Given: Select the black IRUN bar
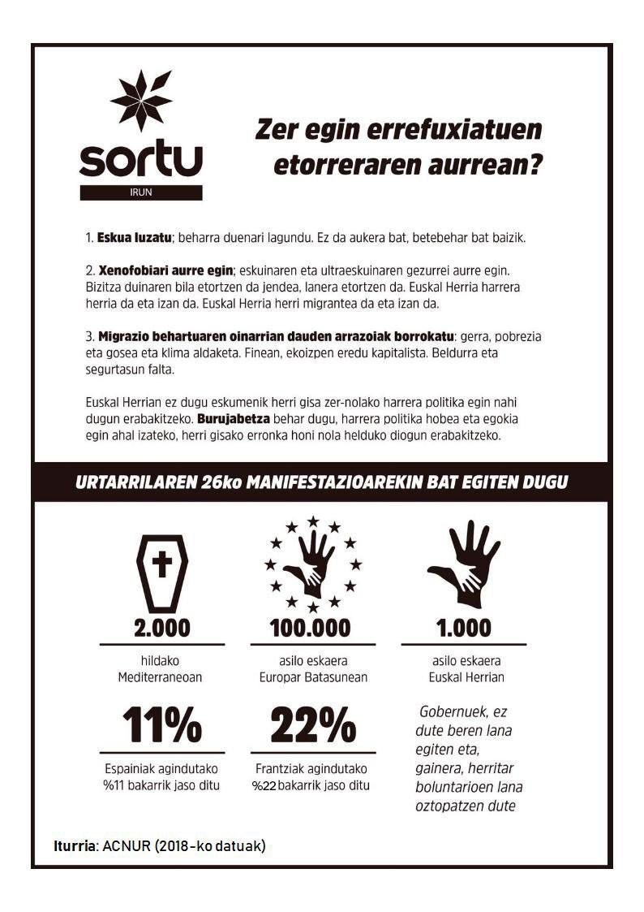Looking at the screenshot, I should coord(140,192).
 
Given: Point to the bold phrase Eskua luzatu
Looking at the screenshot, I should coord(134,239).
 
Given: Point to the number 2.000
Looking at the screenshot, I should coord(162,628).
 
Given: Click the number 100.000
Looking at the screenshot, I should coord(311,628).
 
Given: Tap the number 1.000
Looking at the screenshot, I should coord(463,628).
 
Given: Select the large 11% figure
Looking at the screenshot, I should coord(162,724).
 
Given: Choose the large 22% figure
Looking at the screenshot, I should coord(312,724).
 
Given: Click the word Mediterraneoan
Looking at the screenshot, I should coord(162,677).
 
